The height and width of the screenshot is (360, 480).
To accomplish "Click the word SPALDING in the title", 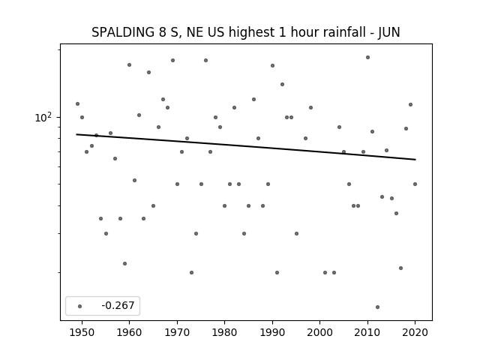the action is (x=123, y=32).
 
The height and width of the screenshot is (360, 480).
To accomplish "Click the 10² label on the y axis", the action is (x=43, y=117).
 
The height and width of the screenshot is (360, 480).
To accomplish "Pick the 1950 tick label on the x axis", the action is (x=82, y=332).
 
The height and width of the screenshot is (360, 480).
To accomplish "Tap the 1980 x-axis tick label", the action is (x=225, y=332).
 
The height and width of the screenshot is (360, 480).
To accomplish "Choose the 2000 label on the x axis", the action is (x=320, y=332).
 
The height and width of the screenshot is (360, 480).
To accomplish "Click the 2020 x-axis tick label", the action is (x=415, y=332).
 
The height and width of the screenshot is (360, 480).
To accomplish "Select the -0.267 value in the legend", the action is (x=118, y=305).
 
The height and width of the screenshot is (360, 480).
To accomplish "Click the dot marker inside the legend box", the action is (x=80, y=306).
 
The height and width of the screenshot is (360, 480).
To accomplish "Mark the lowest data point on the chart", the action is (x=377, y=307).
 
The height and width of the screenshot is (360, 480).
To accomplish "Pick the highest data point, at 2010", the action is (x=367, y=58).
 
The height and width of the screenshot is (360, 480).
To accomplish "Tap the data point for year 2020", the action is (x=415, y=184).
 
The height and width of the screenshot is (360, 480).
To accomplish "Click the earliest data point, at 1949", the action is (x=77, y=104).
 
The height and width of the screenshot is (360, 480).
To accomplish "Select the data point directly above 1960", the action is (x=129, y=65).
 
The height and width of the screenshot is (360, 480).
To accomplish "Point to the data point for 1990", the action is (x=272, y=65).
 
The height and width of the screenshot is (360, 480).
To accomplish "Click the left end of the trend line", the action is (x=76, y=134).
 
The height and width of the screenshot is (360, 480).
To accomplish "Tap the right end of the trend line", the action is (x=415, y=160).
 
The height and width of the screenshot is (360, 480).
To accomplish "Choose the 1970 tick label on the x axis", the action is (x=177, y=332).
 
